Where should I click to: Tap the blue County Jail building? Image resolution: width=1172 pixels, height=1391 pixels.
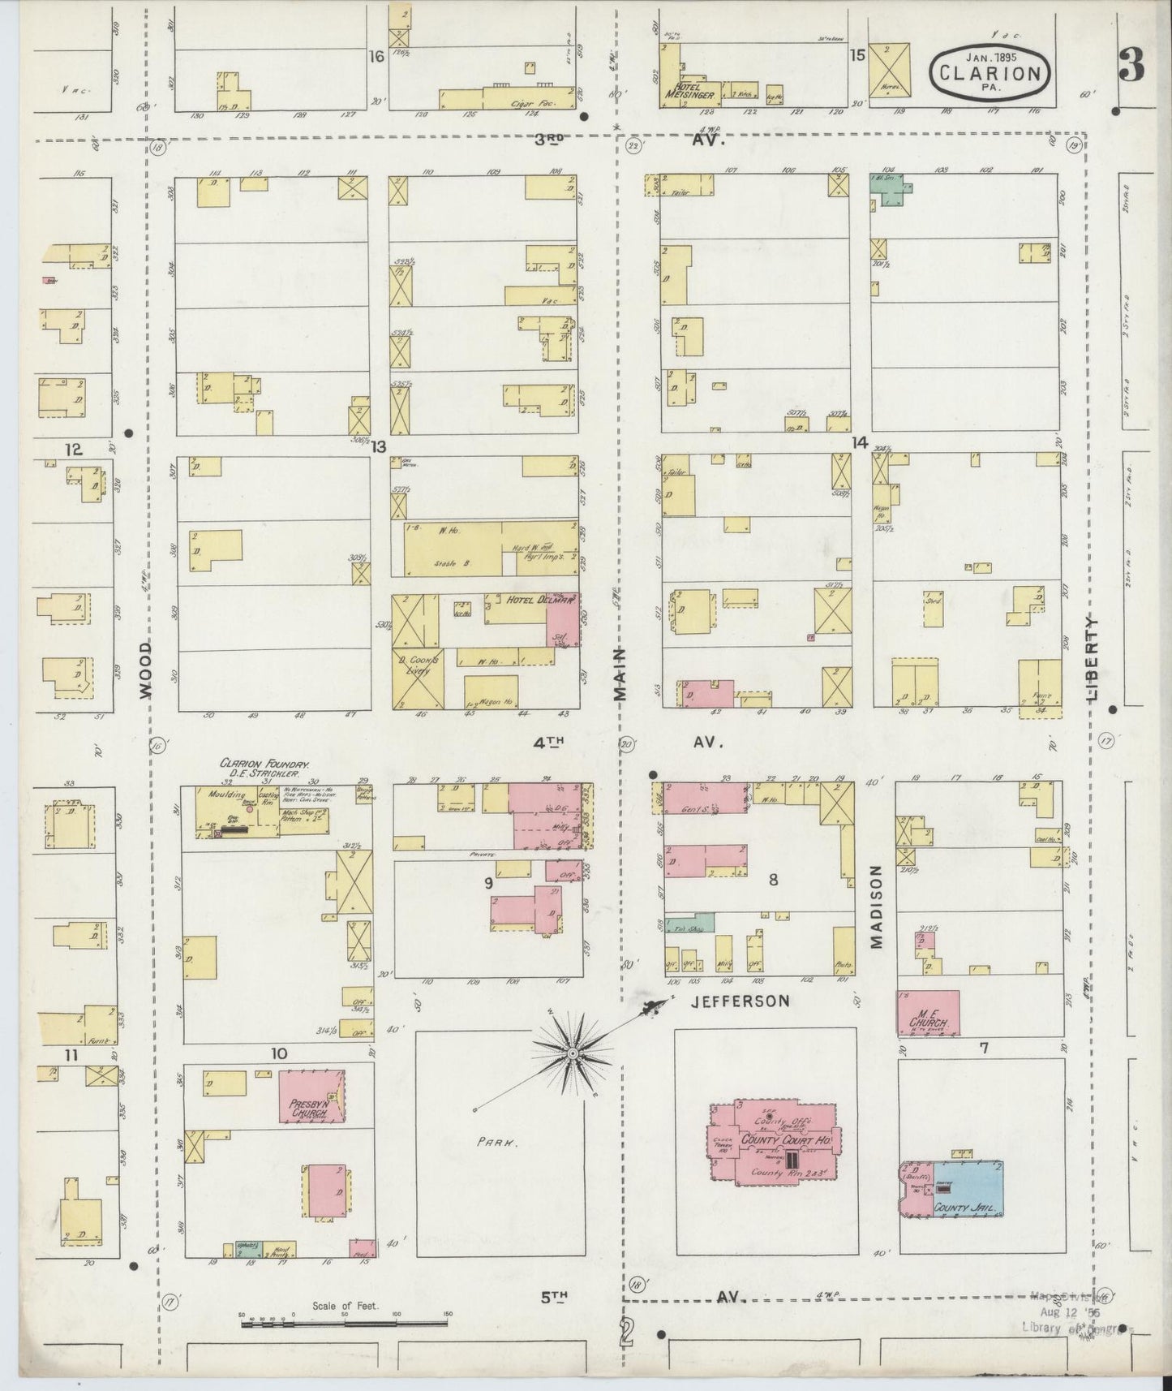tap(968, 1186)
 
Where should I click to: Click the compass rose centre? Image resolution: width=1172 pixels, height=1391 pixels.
tap(573, 1053)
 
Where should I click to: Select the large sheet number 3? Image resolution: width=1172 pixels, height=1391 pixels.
tap(1131, 65)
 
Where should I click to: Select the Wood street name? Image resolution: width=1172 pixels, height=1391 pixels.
tap(144, 669)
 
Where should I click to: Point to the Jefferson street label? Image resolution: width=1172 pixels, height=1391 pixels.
tap(740, 1001)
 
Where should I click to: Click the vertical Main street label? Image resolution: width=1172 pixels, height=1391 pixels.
tap(620, 673)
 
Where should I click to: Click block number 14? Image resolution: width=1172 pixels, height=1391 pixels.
tap(859, 442)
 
